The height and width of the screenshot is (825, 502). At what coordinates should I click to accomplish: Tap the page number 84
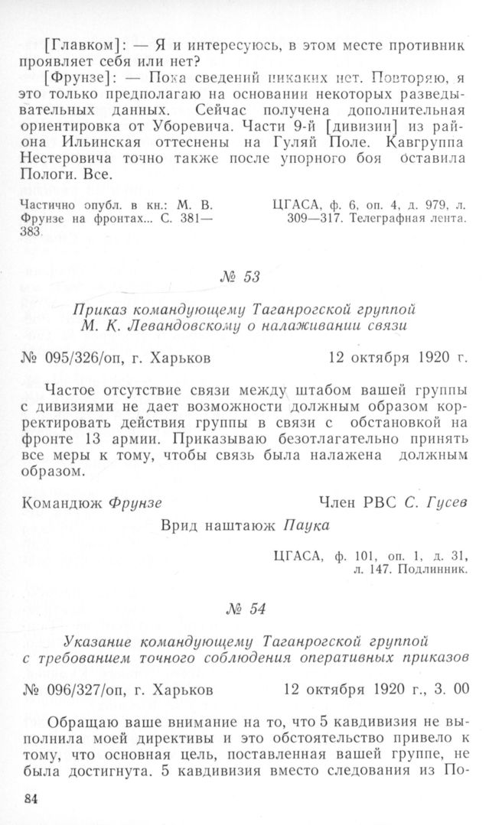tap(31, 800)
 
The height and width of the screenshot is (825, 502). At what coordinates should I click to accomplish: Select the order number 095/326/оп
tap(96, 357)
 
